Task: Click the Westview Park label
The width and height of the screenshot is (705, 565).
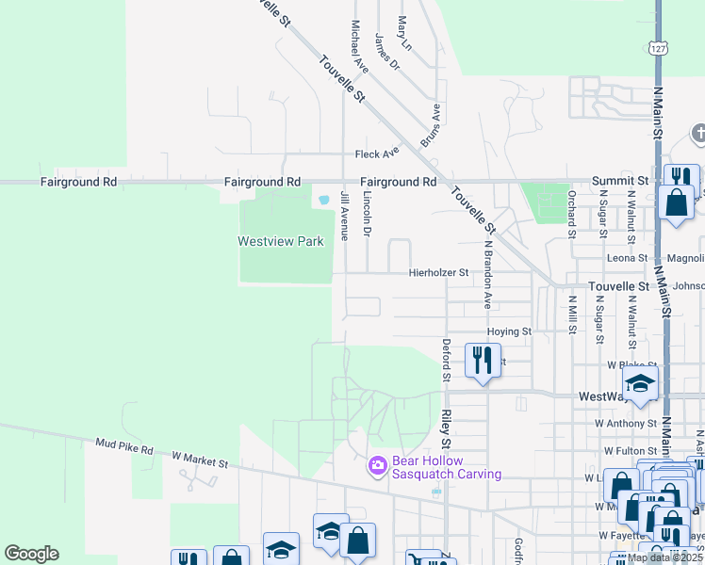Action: [x=280, y=241]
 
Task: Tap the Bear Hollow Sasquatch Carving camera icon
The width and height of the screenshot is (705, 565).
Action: [x=378, y=466]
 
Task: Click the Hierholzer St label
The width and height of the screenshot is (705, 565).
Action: [x=438, y=273]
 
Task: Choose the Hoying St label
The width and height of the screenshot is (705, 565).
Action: [x=509, y=331]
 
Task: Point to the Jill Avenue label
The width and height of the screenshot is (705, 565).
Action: [x=344, y=215]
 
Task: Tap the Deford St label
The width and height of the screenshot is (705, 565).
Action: [x=448, y=360]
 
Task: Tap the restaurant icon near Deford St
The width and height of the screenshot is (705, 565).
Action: [x=482, y=360]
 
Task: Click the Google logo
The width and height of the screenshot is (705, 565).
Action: [x=31, y=554]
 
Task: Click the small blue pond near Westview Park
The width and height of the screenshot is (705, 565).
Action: [x=324, y=200]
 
